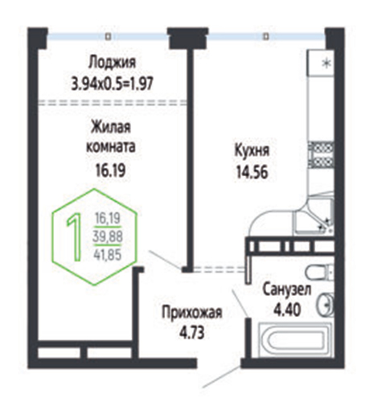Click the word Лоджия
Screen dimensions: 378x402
tap(112, 64)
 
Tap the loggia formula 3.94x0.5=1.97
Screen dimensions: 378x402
tap(112, 84)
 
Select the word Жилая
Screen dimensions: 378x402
tap(111, 127)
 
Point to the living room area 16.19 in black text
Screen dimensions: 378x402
tap(110, 170)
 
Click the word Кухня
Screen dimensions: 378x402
tap(252, 151)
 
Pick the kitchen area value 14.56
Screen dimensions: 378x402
tap(252, 172)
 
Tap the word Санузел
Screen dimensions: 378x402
tap(287, 289)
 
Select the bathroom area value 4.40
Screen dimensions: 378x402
tap(287, 310)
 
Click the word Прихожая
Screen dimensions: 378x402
tap(192, 313)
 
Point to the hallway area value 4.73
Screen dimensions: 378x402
tap(192, 333)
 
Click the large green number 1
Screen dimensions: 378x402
tap(75, 237)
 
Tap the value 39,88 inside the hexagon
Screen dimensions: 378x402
tap(108, 236)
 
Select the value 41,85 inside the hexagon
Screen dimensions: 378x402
tap(108, 255)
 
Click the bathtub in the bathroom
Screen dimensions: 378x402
tap(295, 340)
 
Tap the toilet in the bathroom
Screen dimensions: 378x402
tap(320, 273)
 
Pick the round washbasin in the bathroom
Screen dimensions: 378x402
tap(325, 304)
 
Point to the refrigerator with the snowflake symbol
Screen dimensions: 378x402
tap(321, 64)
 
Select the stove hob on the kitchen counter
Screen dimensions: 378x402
tap(321, 156)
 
